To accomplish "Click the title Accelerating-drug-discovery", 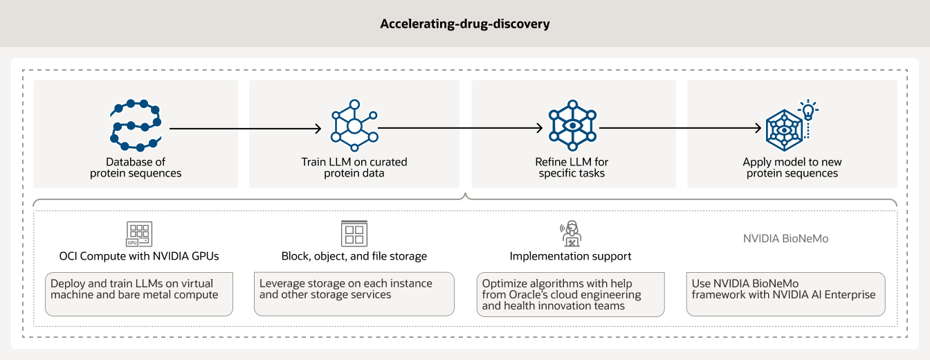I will click(464, 24).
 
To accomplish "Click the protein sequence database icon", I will click(136, 125).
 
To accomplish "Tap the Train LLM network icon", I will click(354, 126).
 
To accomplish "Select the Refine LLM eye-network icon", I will click(572, 125).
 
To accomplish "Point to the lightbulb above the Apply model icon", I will click(807, 109).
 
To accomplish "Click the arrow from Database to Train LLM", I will click(246, 128).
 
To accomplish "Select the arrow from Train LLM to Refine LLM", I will click(460, 128).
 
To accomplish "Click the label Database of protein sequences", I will click(136, 168).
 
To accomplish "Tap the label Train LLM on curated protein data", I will click(354, 168).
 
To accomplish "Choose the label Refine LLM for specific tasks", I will click(572, 168).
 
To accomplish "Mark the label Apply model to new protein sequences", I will click(792, 168).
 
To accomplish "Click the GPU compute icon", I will click(139, 234).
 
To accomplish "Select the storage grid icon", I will click(354, 234).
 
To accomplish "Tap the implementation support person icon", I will click(571, 234).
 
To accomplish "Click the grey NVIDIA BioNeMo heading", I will click(785, 238).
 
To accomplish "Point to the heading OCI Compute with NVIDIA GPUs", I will click(139, 256).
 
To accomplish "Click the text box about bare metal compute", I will click(139, 294).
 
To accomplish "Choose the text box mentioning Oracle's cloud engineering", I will click(571, 294).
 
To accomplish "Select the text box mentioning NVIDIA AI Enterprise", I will click(785, 294).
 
